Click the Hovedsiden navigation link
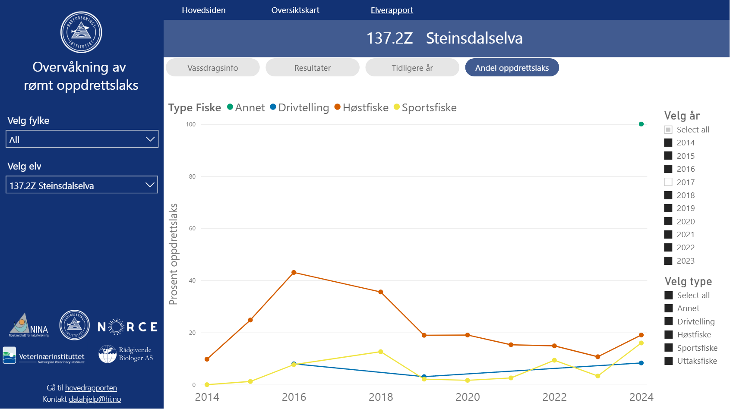point(203,10)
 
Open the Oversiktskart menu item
point(295,10)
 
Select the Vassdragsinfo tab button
point(212,68)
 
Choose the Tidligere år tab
point(412,68)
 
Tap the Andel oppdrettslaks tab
point(512,68)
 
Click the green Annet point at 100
point(641,124)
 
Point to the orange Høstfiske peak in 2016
point(294,273)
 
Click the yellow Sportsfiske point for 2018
point(381,352)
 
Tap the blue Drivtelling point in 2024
point(641,363)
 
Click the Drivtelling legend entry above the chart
point(303,107)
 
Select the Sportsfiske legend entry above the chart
point(429,107)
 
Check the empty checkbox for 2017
point(668,182)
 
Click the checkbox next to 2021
point(668,235)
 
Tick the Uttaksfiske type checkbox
point(669,361)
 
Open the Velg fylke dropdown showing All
point(82,139)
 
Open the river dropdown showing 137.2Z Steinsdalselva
point(82,185)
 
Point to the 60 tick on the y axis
point(192,228)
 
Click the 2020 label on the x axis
point(468,397)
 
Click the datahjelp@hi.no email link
point(95,399)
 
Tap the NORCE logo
point(127,327)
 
